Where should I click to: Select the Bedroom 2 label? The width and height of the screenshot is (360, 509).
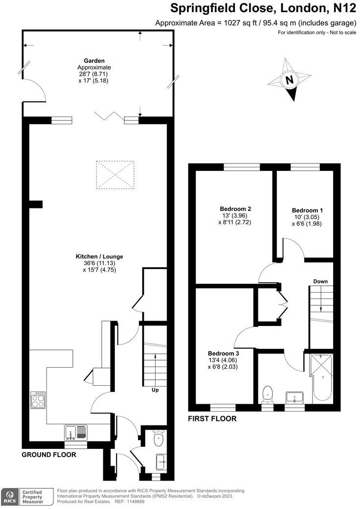point(235,208)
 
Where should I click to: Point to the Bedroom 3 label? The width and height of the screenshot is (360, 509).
point(223,353)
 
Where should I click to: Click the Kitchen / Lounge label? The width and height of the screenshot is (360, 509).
point(99,256)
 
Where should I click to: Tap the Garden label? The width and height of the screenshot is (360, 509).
point(94,61)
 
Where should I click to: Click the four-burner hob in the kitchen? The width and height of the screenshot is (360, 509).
point(38,400)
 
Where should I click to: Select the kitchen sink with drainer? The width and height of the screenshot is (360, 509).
point(76,432)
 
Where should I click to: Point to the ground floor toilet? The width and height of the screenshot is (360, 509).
point(158,439)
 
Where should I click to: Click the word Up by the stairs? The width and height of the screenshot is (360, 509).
point(154,390)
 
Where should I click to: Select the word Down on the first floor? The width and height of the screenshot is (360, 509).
point(320,281)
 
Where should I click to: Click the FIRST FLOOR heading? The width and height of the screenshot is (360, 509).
point(212,419)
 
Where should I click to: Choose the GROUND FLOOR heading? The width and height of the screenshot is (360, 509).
point(48,455)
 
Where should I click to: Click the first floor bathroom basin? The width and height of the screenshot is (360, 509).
point(295,396)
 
